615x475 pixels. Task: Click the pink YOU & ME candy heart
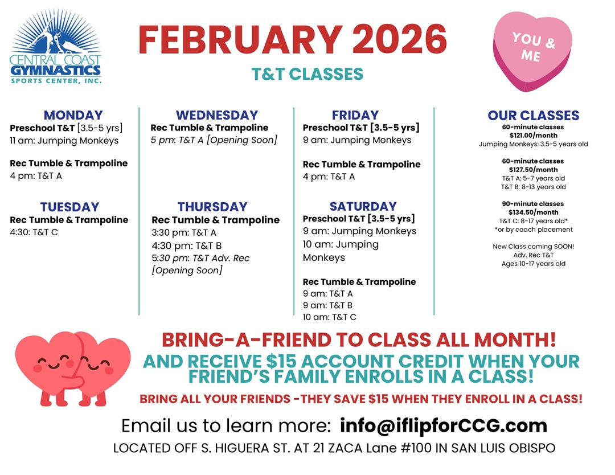point(532,51)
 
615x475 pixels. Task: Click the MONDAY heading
point(73,115)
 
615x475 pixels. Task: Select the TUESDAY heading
point(69,207)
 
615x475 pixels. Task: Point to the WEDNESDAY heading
point(217,115)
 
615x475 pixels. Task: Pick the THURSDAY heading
point(212,207)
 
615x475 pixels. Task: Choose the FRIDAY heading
point(355,115)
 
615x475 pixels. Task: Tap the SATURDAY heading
point(363,206)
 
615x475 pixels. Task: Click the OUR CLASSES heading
point(534,115)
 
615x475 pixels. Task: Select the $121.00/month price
point(534,136)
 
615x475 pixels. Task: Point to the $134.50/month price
point(534,212)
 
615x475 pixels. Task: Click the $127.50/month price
point(534,170)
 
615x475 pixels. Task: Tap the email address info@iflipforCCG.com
point(443,425)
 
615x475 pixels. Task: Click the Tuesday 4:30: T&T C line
point(34,232)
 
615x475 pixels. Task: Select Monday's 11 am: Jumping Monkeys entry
point(64,141)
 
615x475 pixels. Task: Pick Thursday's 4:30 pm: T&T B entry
point(187,245)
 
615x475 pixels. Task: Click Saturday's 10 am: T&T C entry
point(330,317)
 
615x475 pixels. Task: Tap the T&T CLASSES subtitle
point(307,74)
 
